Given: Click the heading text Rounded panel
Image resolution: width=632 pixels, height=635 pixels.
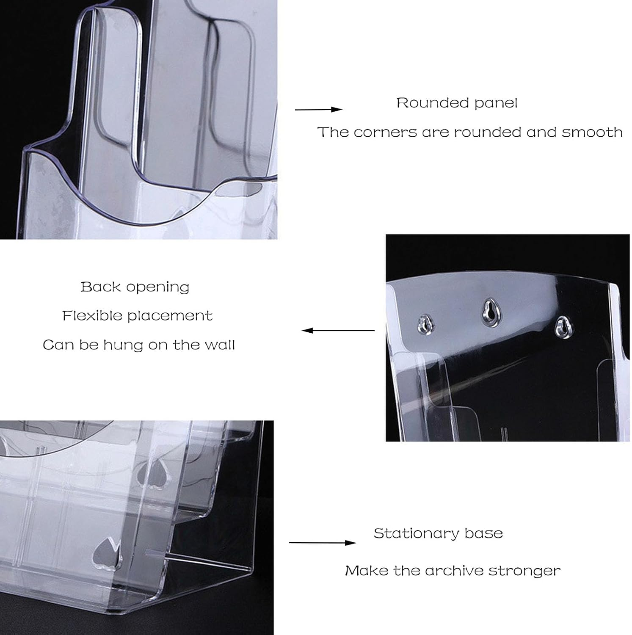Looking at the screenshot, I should coord(457,103).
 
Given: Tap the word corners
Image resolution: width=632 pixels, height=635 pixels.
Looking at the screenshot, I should coord(385,132).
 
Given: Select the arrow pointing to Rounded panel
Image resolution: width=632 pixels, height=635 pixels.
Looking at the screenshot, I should coord(318,110).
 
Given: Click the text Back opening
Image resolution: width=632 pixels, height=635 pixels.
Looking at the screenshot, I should coord(135,287).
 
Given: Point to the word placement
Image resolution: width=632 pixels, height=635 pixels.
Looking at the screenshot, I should coord(170,316).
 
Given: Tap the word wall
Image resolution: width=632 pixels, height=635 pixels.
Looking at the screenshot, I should coord(219,345).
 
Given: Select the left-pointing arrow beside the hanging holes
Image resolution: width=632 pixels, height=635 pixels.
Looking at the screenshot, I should coord(338,330).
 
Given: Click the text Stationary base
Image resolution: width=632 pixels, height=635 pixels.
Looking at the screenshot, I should coord(438,533).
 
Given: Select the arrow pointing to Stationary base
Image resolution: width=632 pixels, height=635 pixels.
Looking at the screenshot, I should coord(323,542).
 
